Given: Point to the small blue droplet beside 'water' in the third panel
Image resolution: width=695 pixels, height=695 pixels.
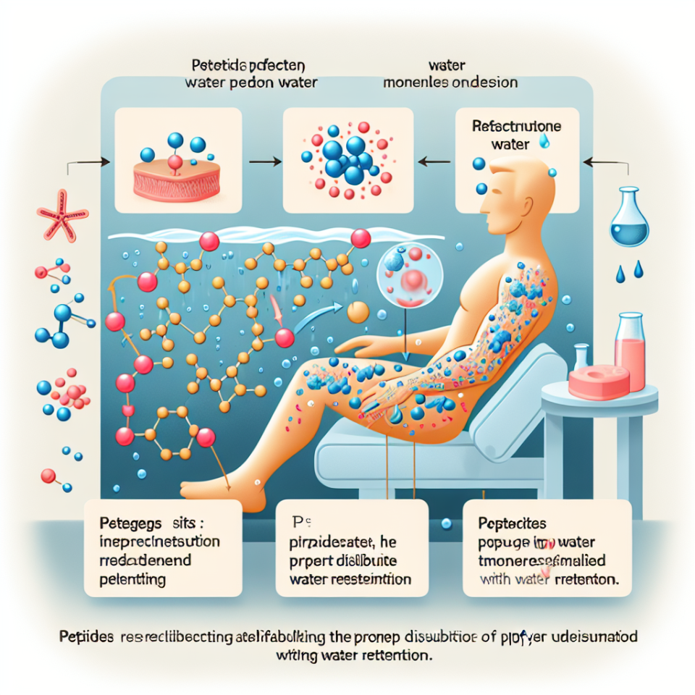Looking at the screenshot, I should (x=544, y=143).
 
